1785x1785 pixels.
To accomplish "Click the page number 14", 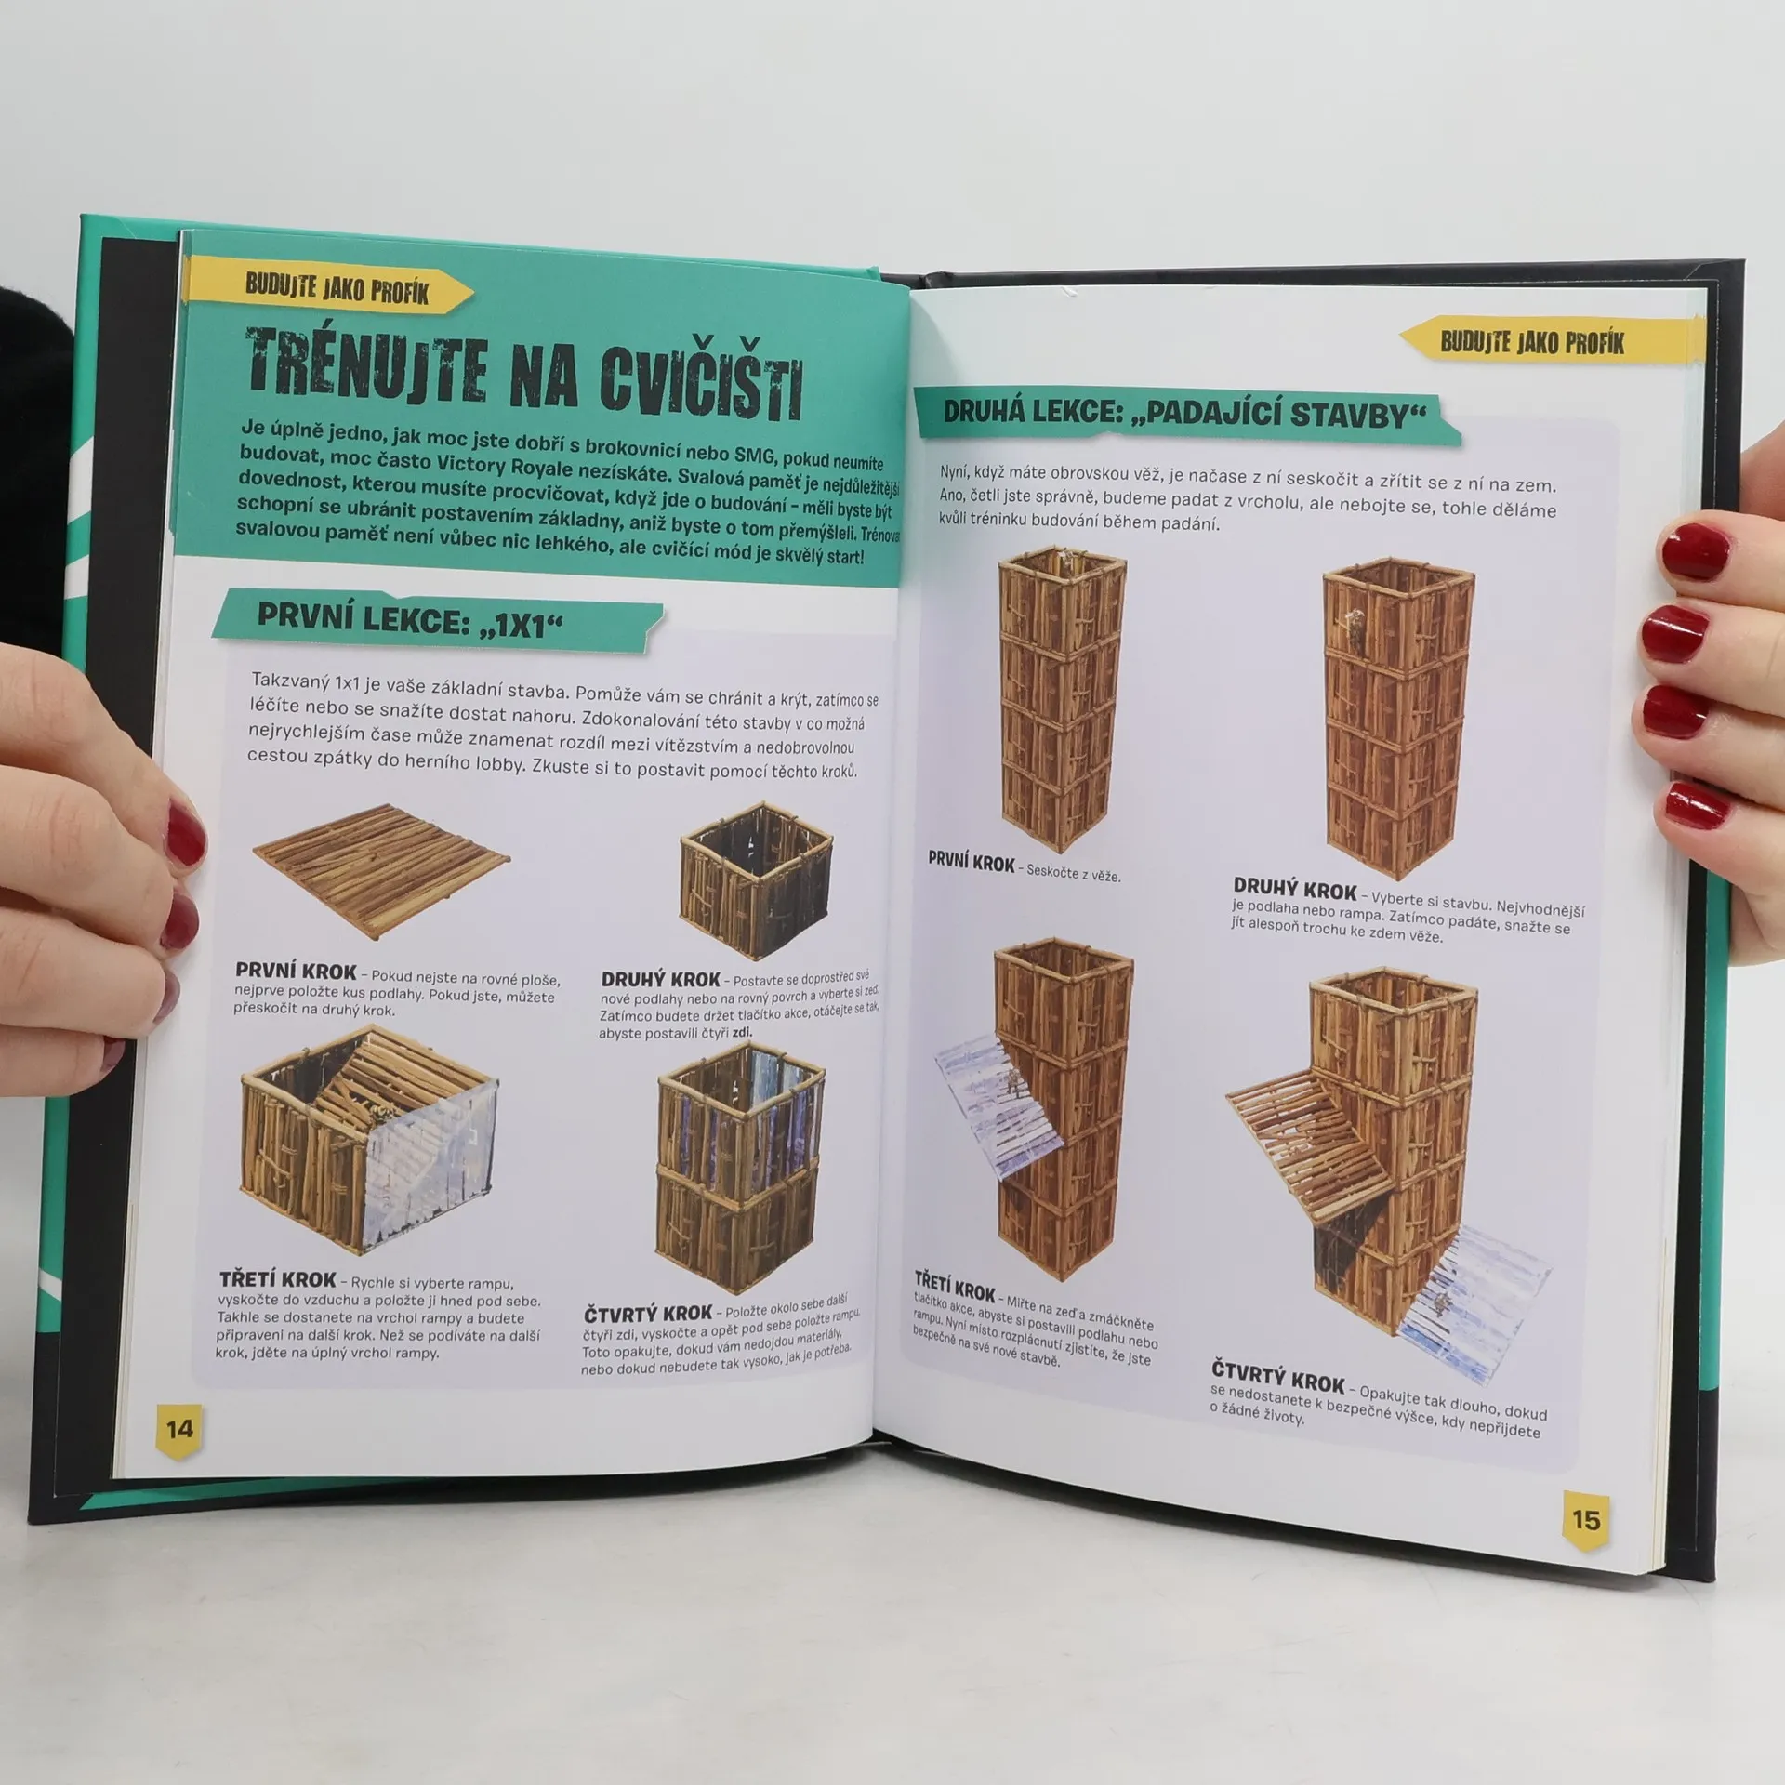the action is point(179,1430).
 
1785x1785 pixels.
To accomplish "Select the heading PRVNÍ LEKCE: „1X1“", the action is point(409,621).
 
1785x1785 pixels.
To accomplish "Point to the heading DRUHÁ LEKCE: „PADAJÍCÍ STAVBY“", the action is point(1184,413).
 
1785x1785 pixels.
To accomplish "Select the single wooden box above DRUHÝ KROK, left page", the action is point(756,879).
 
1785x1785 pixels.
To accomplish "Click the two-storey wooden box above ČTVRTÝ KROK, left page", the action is point(741,1168).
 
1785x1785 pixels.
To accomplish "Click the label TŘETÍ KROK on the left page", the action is point(277,1279).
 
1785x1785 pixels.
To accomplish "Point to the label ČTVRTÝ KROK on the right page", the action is point(1277,1376).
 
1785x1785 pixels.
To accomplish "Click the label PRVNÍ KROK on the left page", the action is point(296,971).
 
